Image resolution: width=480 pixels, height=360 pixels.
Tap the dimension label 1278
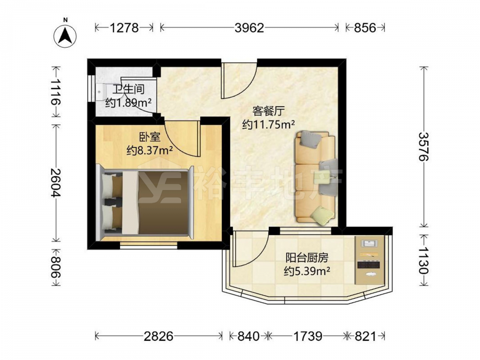124,28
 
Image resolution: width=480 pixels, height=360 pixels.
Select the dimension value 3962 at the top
249,28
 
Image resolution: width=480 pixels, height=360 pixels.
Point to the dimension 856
365,28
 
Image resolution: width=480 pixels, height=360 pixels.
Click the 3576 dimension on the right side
424,146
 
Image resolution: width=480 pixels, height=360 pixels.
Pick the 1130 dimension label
424,261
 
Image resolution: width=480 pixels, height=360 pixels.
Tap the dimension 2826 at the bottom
158,336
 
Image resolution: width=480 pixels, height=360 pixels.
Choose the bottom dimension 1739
308,336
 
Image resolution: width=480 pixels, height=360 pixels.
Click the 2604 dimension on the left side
55,183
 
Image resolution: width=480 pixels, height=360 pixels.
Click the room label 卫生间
128,90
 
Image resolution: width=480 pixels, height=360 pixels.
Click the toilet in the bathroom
100,91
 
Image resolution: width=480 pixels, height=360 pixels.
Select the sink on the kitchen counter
370,243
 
